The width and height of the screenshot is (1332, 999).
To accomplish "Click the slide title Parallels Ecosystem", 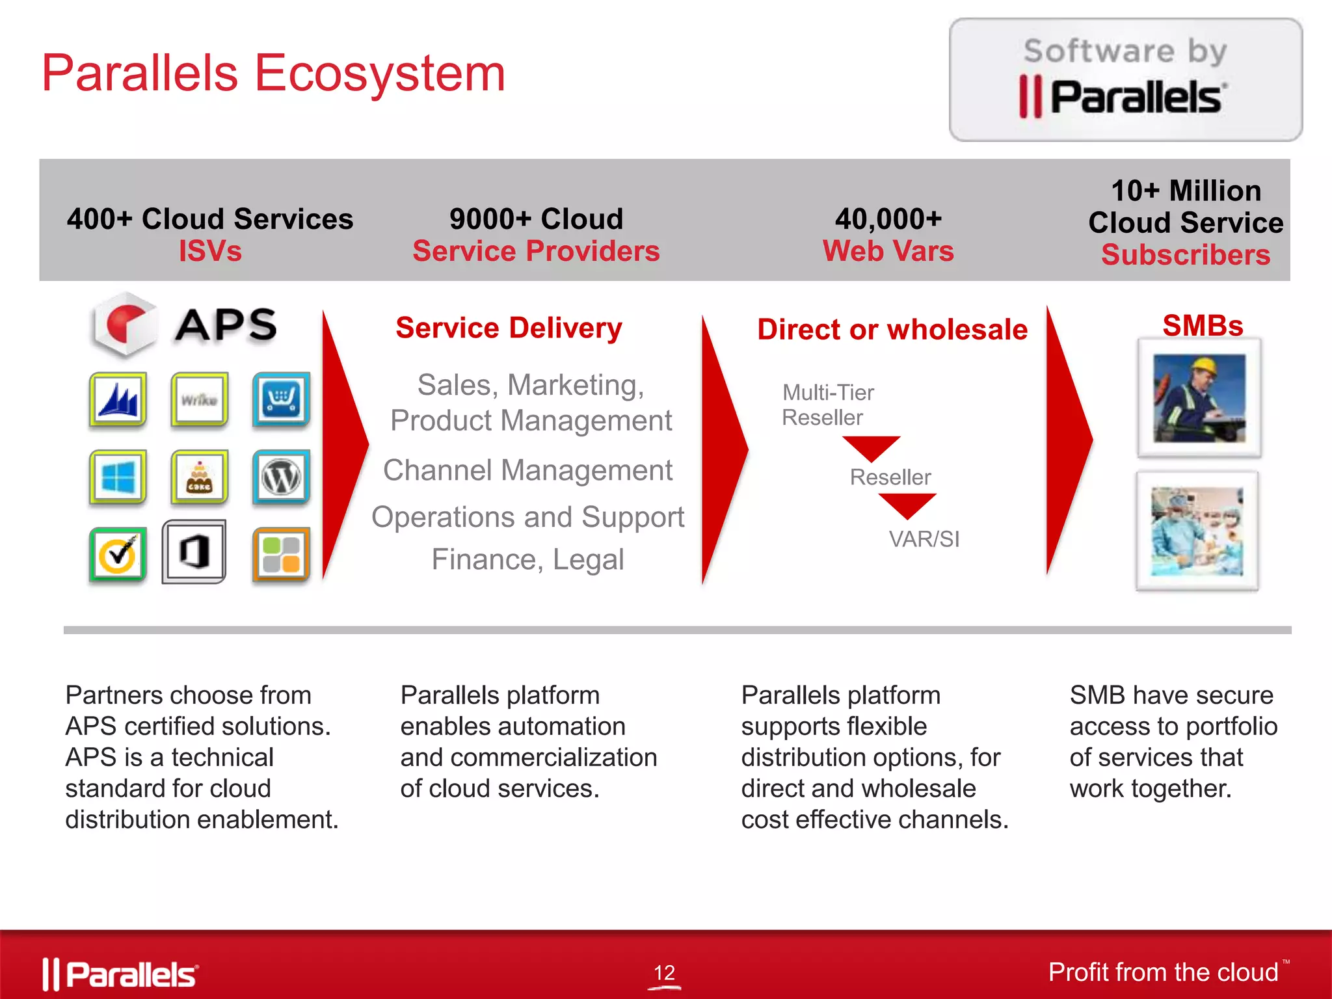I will click(273, 73).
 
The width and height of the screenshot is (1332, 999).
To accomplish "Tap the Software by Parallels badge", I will click(1125, 79).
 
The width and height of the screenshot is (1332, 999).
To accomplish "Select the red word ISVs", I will click(210, 251).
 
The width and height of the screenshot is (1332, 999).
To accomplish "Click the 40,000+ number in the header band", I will click(888, 219).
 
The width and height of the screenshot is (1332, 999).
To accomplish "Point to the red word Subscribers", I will click(1185, 254).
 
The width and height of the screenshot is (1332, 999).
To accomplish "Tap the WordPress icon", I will click(281, 477).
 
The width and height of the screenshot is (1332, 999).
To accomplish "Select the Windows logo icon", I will click(118, 477).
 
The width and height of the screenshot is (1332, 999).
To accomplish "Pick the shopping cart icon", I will click(281, 399).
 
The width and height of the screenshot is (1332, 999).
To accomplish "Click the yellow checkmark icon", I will click(118, 555).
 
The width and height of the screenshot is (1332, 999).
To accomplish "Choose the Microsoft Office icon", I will click(194, 552).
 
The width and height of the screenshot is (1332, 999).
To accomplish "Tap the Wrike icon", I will click(200, 399).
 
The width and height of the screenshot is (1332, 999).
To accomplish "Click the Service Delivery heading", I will click(509, 328).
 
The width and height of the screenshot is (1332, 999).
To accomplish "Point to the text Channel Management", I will click(527, 470).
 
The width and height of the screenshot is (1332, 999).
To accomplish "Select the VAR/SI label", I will click(924, 539).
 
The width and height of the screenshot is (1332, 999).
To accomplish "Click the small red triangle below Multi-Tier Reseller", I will click(871, 447).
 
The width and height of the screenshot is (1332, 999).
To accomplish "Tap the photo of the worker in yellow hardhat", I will click(1199, 398).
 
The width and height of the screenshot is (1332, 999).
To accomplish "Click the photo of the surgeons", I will click(1197, 531).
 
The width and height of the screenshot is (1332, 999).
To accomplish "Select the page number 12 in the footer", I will click(664, 973).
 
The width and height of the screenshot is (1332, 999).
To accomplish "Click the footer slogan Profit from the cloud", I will click(1163, 972).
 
